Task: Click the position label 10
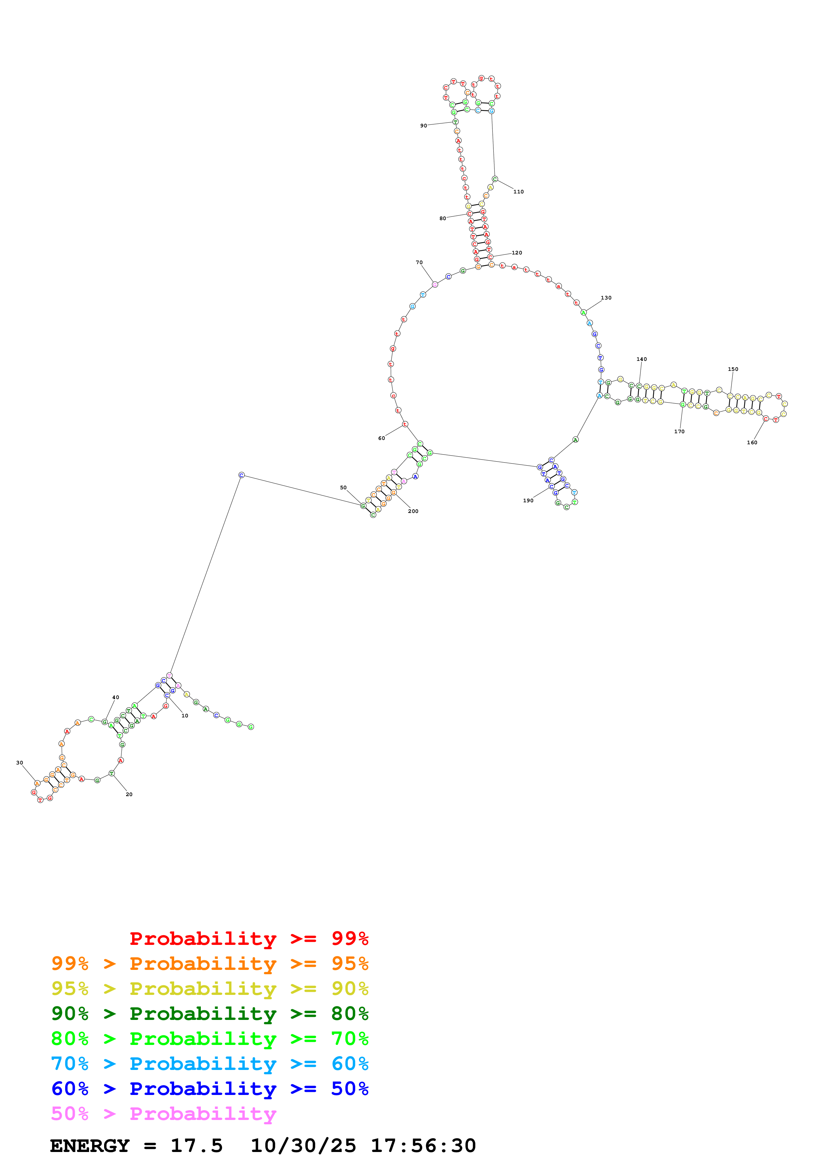click(184, 715)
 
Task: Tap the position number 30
click(19, 763)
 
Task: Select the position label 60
click(382, 438)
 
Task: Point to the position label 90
click(423, 125)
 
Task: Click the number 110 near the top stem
click(518, 191)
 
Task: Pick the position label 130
click(606, 298)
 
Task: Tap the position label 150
click(733, 369)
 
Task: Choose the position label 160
click(752, 442)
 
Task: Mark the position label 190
click(528, 500)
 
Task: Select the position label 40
click(116, 697)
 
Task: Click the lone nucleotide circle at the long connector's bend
click(242, 475)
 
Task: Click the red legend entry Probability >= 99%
click(249, 938)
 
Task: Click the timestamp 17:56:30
click(423, 1146)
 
